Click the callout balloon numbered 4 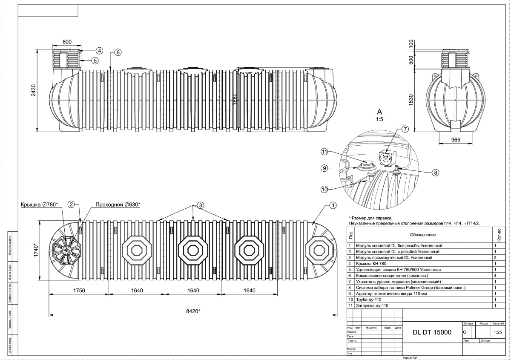[x=98, y=51]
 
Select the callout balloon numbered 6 [x=118, y=52]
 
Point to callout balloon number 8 [x=435, y=173]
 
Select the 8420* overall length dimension [x=193, y=311]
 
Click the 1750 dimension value [x=79, y=291]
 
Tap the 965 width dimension [x=455, y=139]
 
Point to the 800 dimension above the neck [x=67, y=42]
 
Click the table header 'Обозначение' [x=423, y=235]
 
